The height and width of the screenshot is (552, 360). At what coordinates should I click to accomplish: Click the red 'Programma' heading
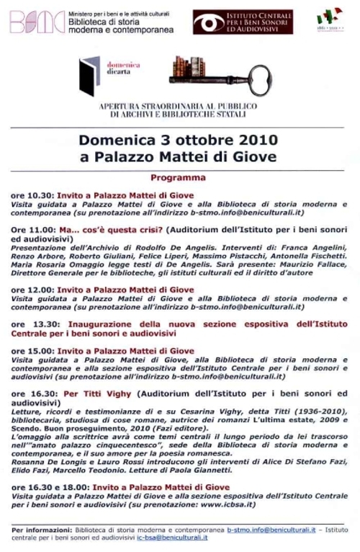tap(178, 177)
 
